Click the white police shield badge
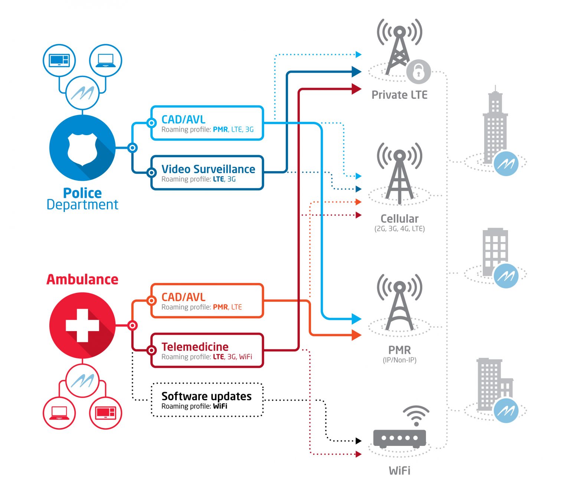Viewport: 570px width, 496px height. [82, 149]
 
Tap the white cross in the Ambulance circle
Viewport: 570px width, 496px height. [82, 326]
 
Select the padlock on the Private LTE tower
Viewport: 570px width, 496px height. [418, 71]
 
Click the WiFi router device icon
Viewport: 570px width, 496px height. [399, 438]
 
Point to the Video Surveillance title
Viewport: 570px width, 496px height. [208, 169]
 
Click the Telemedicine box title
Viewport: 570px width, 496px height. [195, 347]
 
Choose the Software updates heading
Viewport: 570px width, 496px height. [206, 396]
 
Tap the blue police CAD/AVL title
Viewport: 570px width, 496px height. [183, 120]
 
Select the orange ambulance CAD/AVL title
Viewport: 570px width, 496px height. [183, 297]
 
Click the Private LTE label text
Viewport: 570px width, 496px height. [399, 95]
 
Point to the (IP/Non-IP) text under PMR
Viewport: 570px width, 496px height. [399, 360]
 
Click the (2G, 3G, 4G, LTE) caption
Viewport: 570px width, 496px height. [399, 229]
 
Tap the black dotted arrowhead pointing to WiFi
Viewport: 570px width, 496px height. [358, 441]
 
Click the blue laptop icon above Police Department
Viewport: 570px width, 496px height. [105, 60]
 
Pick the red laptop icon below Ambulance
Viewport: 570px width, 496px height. [59, 413]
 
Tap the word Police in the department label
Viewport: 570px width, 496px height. [82, 193]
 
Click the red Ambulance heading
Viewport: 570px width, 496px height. [82, 279]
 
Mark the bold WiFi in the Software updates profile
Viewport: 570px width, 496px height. [220, 406]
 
